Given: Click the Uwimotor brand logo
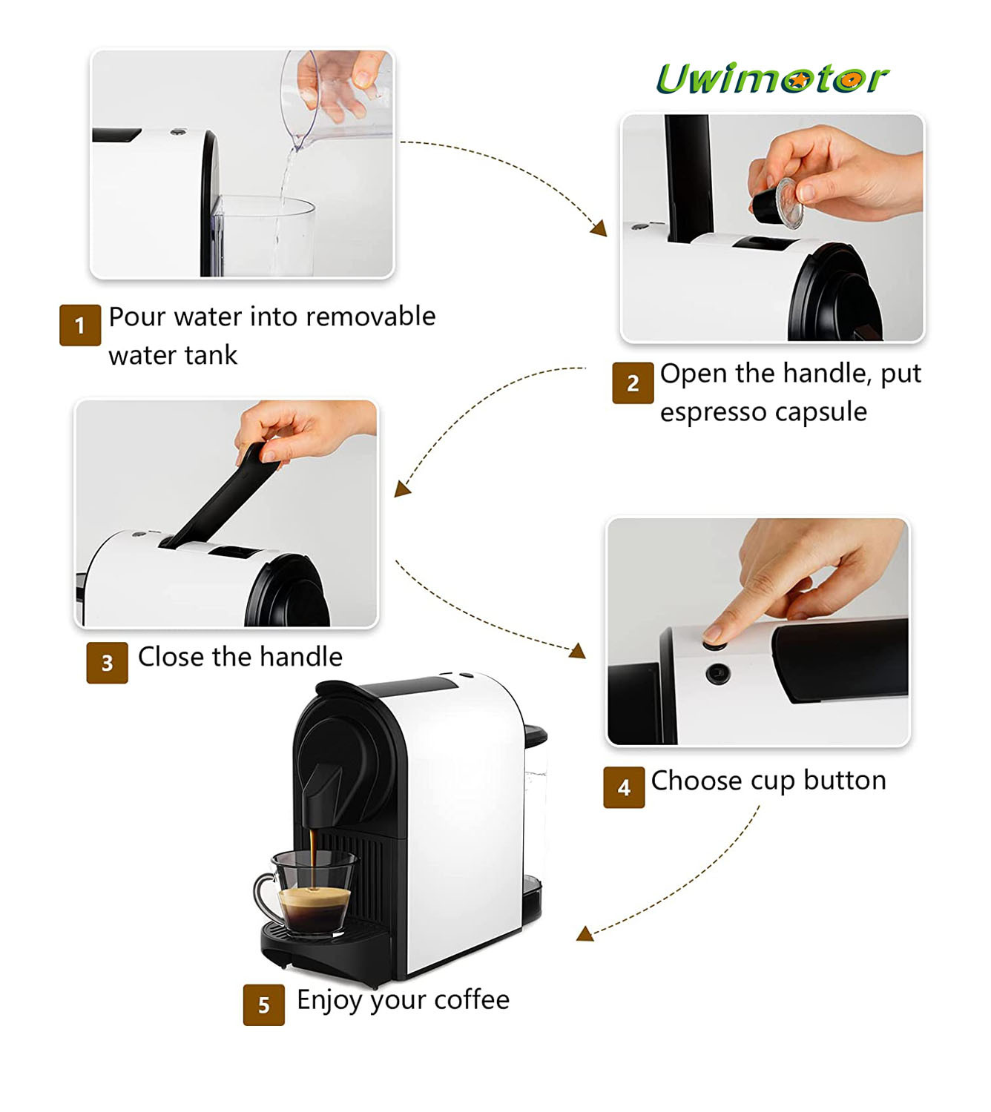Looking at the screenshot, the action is click(772, 79).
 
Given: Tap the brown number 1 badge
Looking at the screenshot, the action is click(79, 325).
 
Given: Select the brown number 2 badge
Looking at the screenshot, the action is click(633, 383).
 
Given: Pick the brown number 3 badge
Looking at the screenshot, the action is click(107, 663).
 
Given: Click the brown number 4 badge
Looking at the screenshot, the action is click(624, 787).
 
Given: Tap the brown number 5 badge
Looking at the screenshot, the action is click(263, 1005).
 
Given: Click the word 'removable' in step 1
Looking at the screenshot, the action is click(370, 317).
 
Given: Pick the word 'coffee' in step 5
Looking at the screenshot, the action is click(472, 999).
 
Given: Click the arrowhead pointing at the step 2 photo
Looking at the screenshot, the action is click(599, 228).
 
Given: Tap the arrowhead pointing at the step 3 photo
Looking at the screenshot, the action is click(402, 489).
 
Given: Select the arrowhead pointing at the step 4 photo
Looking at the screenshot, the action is click(578, 651).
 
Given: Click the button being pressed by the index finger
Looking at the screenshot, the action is click(714, 644).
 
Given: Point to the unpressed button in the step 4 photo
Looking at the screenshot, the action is click(718, 673).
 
